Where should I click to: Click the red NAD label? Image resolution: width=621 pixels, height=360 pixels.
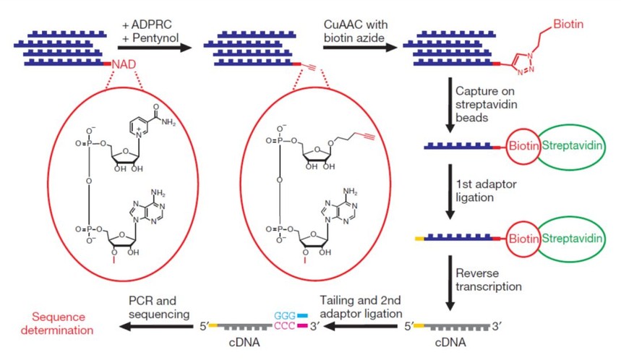pos(124,64)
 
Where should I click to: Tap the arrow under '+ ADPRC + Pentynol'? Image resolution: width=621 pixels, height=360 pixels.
pos(155,48)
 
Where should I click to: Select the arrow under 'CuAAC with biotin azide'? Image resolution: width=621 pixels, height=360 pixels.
pos(360,48)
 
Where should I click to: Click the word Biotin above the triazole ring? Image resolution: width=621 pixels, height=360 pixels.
pos(568,24)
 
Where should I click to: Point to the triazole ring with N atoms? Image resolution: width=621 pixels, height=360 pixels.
pos(525,64)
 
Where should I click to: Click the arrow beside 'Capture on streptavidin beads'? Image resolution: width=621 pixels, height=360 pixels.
pos(450,105)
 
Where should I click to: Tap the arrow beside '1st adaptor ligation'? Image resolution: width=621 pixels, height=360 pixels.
pos(450,192)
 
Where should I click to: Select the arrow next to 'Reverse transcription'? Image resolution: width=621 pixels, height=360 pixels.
pos(450,283)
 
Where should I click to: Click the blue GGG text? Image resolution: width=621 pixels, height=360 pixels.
pos(285,316)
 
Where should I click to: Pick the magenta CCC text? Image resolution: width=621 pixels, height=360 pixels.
pos(285,326)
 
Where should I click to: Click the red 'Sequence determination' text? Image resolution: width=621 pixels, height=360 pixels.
pos(57,324)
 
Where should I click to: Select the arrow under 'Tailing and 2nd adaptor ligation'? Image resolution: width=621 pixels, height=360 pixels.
pos(361,326)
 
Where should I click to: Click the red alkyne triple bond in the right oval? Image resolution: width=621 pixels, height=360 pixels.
pos(367,138)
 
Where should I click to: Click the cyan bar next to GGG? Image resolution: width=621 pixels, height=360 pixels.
pos(303,316)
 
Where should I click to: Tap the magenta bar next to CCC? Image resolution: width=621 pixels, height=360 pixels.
pos(303,325)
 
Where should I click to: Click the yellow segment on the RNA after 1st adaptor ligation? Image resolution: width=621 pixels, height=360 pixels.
pos(419,239)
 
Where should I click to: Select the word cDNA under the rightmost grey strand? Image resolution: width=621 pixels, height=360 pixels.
pos(450,342)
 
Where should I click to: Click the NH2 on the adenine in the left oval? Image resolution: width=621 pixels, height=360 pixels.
pos(158,193)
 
